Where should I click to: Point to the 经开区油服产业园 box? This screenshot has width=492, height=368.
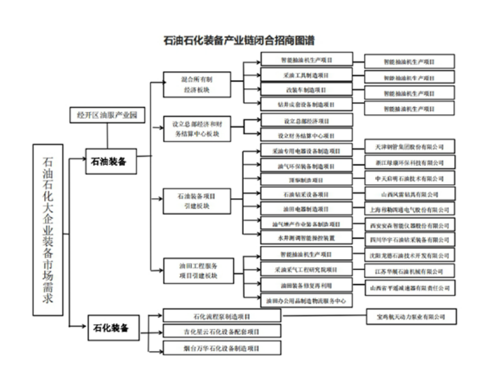click(107, 115)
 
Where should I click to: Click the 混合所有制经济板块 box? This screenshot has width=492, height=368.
click(197, 84)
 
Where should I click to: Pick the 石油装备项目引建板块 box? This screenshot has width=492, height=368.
click(197, 201)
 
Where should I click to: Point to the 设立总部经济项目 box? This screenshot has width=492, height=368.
click(307, 121)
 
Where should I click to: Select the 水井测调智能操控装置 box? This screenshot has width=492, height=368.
click(307, 238)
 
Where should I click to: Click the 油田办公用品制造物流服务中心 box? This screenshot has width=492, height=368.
click(307, 300)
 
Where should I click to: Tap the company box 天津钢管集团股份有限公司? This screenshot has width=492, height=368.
click(409, 147)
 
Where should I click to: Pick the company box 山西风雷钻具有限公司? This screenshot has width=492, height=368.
click(409, 194)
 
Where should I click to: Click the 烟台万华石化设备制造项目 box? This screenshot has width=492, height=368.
click(222, 348)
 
